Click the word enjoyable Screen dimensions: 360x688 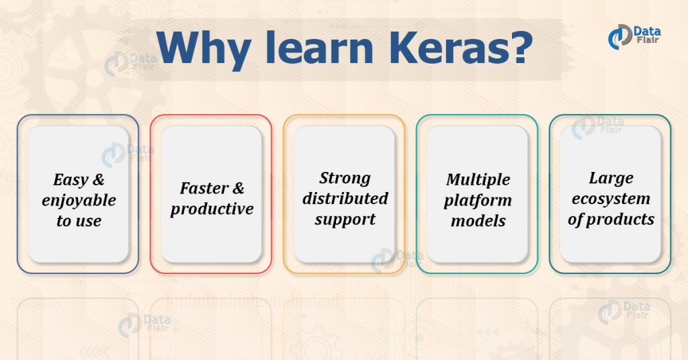click(79, 200)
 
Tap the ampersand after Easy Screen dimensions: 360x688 click(97, 180)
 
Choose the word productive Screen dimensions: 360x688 click(212, 209)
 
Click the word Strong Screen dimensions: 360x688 click(345, 178)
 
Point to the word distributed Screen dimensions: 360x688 click(345, 198)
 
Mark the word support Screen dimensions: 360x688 click(345, 219)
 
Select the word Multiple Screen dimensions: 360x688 click(478, 179)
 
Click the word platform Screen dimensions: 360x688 click(478, 200)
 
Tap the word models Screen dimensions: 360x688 click(478, 220)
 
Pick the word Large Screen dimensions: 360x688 click(611, 178)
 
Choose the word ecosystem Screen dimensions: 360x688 click(611, 198)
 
